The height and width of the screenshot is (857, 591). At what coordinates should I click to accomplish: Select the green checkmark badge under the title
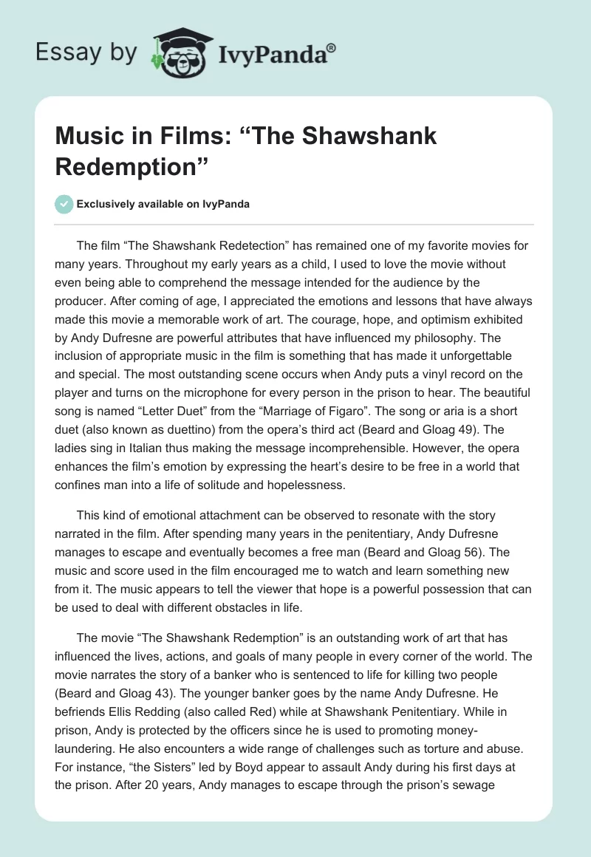[64, 205]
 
